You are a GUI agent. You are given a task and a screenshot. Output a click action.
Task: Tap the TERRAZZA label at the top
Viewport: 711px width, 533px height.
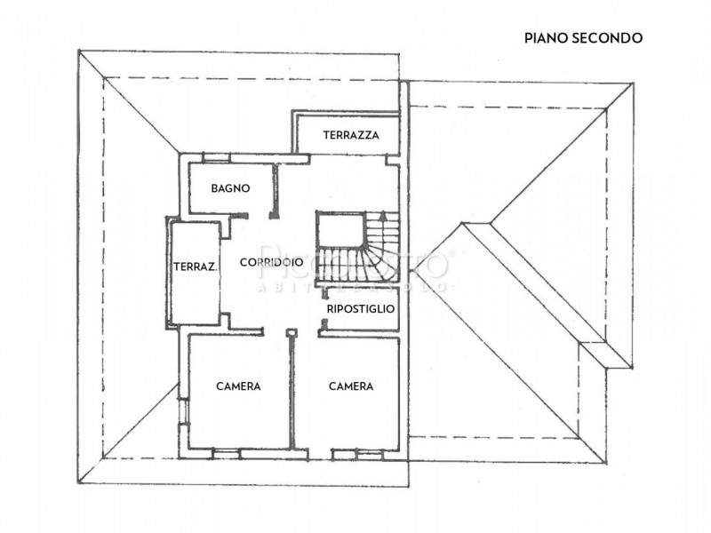351,136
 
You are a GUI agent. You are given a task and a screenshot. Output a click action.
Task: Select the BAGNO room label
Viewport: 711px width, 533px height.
230,188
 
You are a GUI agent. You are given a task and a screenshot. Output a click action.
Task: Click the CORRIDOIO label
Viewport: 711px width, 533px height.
272,263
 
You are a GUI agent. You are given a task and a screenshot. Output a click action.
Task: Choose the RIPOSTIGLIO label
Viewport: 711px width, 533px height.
360,308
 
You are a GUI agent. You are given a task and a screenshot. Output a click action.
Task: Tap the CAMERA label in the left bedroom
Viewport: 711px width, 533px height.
238,386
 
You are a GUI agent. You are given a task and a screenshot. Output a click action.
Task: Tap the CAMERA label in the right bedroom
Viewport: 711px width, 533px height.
351,386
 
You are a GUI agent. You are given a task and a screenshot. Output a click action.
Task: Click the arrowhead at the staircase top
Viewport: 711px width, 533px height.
383,215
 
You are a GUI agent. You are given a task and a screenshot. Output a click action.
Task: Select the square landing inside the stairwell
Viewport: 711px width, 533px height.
340,233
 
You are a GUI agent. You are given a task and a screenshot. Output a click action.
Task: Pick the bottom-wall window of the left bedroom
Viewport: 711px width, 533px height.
227,453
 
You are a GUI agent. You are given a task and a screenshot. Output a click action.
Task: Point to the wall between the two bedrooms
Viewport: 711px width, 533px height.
292,391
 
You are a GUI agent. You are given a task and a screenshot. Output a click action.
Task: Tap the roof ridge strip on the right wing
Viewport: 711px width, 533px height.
542,293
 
